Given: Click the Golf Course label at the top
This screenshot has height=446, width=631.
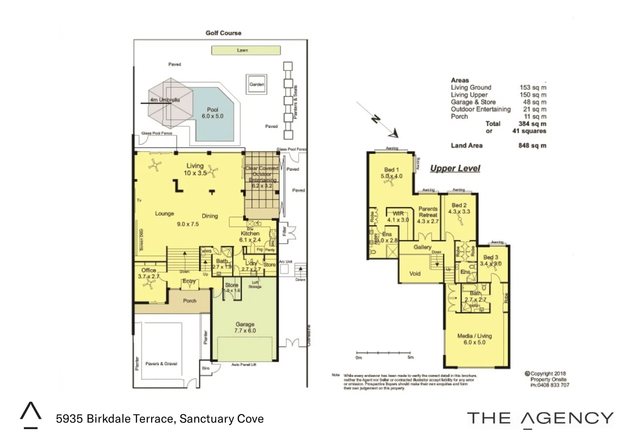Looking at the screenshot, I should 223,33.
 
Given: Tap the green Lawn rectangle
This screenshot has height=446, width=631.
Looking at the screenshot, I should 246,50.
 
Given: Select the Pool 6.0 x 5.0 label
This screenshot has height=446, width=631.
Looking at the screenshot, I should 212,113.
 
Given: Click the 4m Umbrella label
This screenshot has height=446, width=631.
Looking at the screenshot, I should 164,100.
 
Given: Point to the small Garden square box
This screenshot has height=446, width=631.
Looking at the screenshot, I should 256,84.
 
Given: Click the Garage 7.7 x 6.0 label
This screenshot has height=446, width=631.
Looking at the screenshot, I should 245,327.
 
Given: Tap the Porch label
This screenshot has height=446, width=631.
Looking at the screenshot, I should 190,301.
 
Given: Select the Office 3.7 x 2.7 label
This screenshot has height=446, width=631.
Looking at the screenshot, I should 149,273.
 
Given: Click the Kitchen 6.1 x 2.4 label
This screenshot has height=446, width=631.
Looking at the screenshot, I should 250,236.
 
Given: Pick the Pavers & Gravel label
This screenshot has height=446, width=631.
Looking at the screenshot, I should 161,364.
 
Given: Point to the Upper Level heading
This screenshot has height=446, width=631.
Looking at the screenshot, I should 455,168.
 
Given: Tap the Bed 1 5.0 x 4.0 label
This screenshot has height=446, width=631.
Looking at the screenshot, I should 391,173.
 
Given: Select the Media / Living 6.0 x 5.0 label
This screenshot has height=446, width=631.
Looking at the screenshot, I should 474,339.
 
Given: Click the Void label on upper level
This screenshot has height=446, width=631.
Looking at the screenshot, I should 415,273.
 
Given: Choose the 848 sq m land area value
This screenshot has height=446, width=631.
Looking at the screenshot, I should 532,145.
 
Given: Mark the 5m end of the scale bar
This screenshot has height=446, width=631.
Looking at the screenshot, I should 410,353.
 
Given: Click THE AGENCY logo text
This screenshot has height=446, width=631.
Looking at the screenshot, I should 540,418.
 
